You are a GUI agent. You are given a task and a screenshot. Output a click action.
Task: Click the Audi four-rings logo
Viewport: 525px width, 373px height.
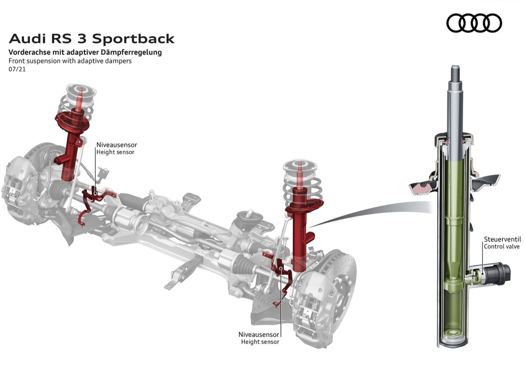click(474, 23)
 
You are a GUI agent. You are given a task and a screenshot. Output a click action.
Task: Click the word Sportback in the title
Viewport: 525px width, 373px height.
click(133, 39)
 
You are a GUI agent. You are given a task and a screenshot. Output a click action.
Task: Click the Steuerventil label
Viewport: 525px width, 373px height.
click(502, 239)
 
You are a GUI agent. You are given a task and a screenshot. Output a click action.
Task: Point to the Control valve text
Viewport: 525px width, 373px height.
click(502, 247)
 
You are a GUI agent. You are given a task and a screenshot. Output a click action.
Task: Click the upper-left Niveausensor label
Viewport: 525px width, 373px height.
click(116, 145)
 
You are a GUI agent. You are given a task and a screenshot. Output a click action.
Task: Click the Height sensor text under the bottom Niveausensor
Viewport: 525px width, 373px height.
click(260, 341)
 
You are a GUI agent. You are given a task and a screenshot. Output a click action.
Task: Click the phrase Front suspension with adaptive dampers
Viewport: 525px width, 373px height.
click(70, 61)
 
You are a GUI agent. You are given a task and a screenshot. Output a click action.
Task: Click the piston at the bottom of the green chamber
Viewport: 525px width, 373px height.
click(454, 282)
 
